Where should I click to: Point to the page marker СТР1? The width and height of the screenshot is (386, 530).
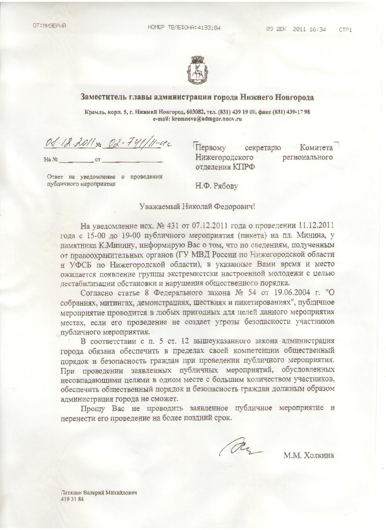click(x=345, y=30)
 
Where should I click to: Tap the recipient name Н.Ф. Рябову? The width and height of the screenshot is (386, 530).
click(x=217, y=186)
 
